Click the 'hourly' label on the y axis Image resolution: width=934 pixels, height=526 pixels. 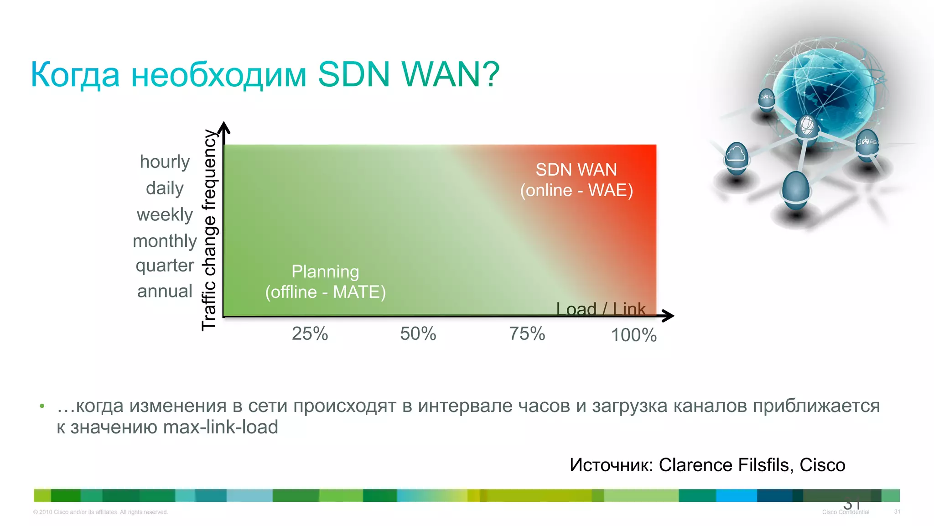(165, 162)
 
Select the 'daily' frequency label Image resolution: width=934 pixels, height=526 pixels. (165, 188)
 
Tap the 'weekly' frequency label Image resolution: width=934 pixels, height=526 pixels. (165, 215)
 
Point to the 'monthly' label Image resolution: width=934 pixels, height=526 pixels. (165, 241)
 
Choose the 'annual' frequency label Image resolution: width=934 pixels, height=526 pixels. (165, 292)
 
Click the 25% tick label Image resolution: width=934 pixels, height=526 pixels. (310, 334)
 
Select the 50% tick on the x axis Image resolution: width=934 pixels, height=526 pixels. (418, 334)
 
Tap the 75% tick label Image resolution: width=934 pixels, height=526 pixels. (527, 334)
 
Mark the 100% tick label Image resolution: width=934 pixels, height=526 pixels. (633, 335)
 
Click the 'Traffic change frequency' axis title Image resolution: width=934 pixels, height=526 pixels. (209, 230)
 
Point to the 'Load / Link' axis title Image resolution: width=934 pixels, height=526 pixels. (601, 309)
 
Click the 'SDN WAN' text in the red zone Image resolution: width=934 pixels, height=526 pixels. (576, 170)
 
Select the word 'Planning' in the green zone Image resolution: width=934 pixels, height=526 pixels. (325, 272)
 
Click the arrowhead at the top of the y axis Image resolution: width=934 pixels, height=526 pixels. (224, 128)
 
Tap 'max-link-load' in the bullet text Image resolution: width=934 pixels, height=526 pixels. (220, 427)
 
